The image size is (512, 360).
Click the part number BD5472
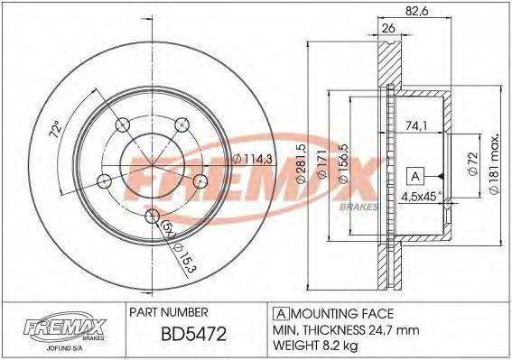[193, 334]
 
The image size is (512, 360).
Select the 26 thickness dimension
[388, 28]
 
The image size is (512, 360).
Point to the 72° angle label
[55, 129]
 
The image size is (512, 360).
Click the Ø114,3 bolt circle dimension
[253, 159]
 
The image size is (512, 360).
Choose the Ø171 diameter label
[321, 164]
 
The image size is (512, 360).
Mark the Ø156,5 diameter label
[343, 164]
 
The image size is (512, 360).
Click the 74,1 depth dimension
[416, 125]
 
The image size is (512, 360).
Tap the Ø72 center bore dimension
[473, 164]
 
